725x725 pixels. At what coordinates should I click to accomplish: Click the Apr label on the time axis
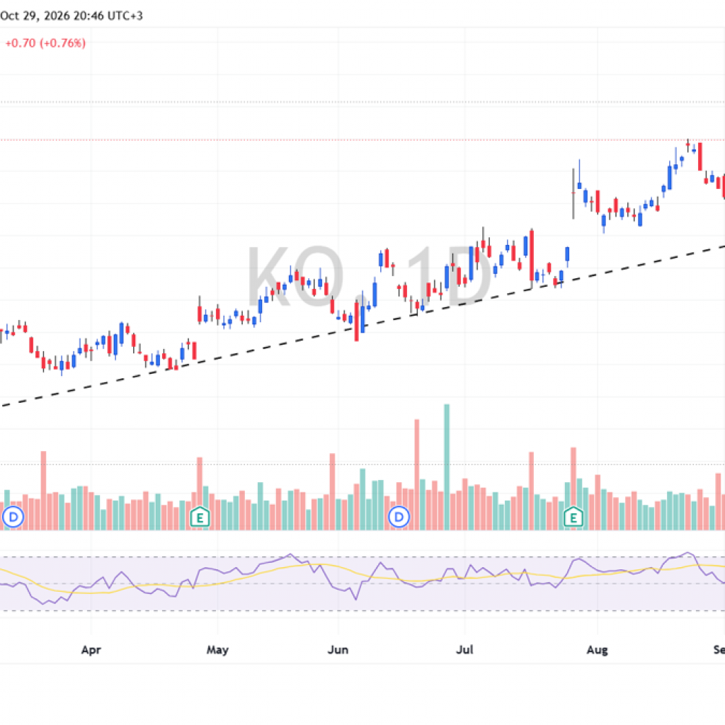pyautogui.click(x=91, y=650)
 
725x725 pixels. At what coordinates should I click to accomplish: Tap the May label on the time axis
pyautogui.click(x=217, y=650)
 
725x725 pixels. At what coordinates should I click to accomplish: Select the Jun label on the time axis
pyautogui.click(x=338, y=650)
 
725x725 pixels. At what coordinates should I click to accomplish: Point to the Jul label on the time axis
pyautogui.click(x=464, y=650)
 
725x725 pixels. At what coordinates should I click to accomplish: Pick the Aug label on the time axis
pyautogui.click(x=597, y=650)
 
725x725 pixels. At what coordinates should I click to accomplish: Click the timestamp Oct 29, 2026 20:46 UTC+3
pyautogui.click(x=72, y=16)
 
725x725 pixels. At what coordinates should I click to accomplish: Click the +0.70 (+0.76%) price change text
pyautogui.click(x=45, y=43)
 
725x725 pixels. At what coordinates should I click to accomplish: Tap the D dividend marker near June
pyautogui.click(x=399, y=516)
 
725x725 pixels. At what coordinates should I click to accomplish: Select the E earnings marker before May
pyautogui.click(x=200, y=517)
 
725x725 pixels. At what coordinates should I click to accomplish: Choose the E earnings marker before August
pyautogui.click(x=573, y=517)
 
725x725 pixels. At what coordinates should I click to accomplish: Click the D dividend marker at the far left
pyautogui.click(x=13, y=516)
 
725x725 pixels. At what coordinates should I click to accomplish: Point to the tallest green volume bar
pyautogui.click(x=447, y=467)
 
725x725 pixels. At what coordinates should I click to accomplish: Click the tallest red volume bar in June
pyautogui.click(x=416, y=474)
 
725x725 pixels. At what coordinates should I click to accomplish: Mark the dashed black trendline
pyautogui.click(x=362, y=326)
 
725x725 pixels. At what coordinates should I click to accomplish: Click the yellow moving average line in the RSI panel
pyautogui.click(x=324, y=565)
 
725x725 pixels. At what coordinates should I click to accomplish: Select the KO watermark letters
pyautogui.click(x=295, y=277)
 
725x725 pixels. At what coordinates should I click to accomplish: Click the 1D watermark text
pyautogui.click(x=448, y=277)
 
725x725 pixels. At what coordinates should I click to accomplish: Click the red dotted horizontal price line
pyautogui.click(x=362, y=139)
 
